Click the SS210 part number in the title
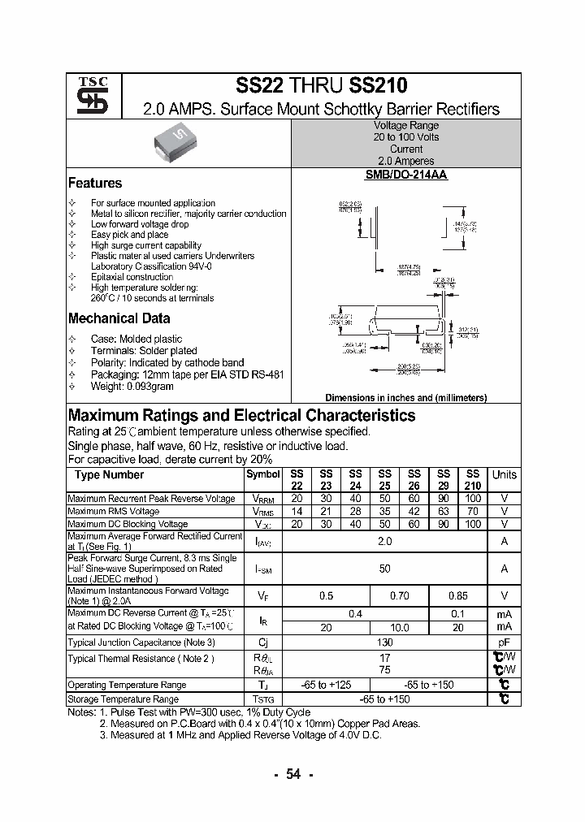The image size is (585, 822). click(379, 85)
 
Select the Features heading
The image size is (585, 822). click(95, 184)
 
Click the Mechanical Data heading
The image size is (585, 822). click(119, 318)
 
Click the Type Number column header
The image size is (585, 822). click(109, 475)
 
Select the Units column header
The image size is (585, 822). click(504, 475)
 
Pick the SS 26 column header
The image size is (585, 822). click(414, 480)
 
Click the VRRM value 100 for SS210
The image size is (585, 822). click(472, 499)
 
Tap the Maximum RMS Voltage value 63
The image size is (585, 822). click(443, 512)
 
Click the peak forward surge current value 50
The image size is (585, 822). click(384, 569)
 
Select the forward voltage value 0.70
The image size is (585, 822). click(399, 596)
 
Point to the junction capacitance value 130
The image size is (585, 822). click(384, 642)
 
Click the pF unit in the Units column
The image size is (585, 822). click(504, 642)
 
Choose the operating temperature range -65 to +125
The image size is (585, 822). click(325, 686)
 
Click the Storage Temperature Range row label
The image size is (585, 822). click(123, 699)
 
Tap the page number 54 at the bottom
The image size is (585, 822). click(292, 775)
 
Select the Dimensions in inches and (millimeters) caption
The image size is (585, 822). click(405, 398)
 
